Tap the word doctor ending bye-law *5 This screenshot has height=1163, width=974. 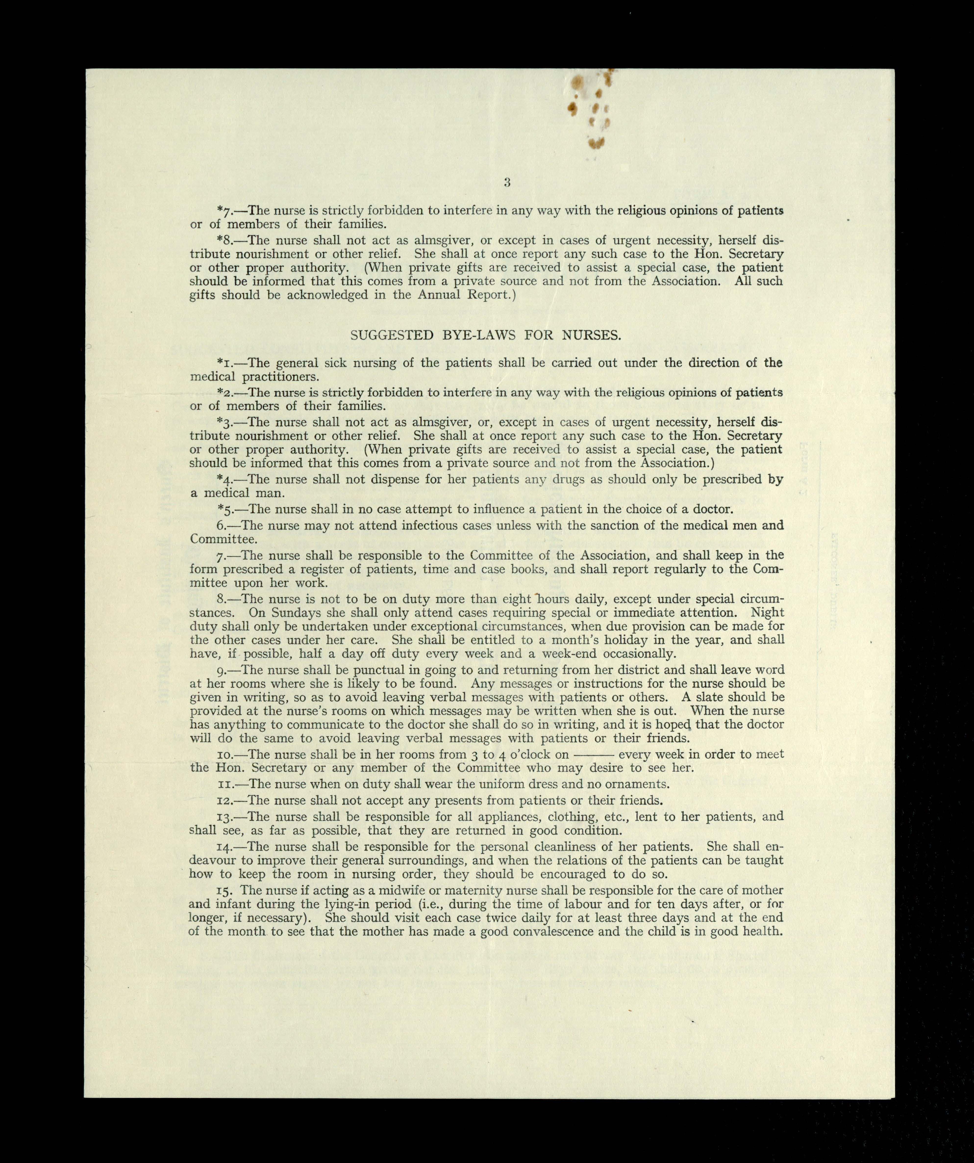pos(713,509)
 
